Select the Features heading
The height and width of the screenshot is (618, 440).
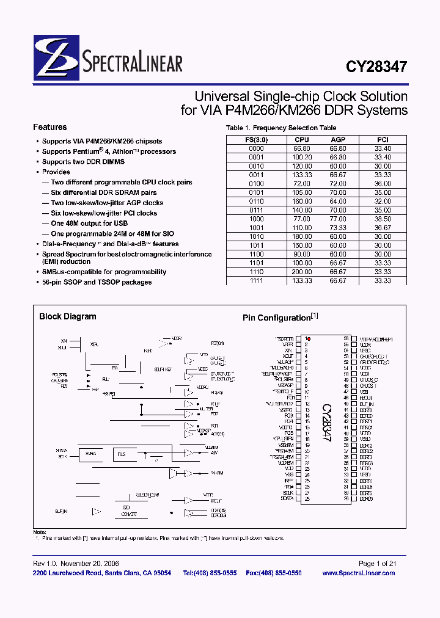click(x=50, y=128)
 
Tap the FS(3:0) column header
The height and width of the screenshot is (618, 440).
click(x=256, y=140)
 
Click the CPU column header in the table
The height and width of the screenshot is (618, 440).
click(x=302, y=140)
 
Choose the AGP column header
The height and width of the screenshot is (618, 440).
click(x=337, y=140)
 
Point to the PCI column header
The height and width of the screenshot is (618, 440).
click(x=383, y=140)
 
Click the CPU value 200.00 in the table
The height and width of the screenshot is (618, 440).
click(x=302, y=272)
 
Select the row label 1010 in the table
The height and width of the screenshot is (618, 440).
click(x=256, y=236)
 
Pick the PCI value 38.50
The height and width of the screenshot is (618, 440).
click(x=383, y=219)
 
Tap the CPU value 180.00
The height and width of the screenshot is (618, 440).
click(x=302, y=236)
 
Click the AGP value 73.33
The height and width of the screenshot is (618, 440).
click(x=337, y=228)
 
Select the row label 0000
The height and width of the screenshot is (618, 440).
click(x=256, y=148)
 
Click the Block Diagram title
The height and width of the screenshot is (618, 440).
click(x=67, y=317)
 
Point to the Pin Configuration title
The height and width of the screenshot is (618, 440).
click(x=277, y=318)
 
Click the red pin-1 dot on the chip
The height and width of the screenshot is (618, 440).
click(x=309, y=338)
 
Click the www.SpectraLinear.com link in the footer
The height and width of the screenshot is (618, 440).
click(x=358, y=573)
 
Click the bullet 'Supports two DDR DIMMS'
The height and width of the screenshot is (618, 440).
click(x=83, y=162)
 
